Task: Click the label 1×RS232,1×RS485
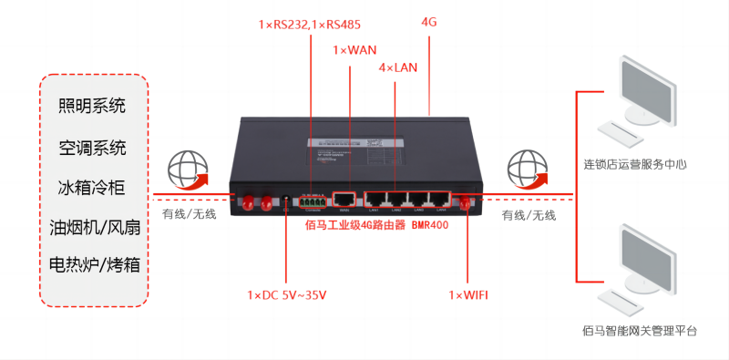[310, 25]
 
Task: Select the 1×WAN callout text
[354, 49]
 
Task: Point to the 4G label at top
[429, 21]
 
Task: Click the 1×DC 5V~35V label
[286, 295]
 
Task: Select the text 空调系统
[92, 148]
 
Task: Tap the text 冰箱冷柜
[92, 188]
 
